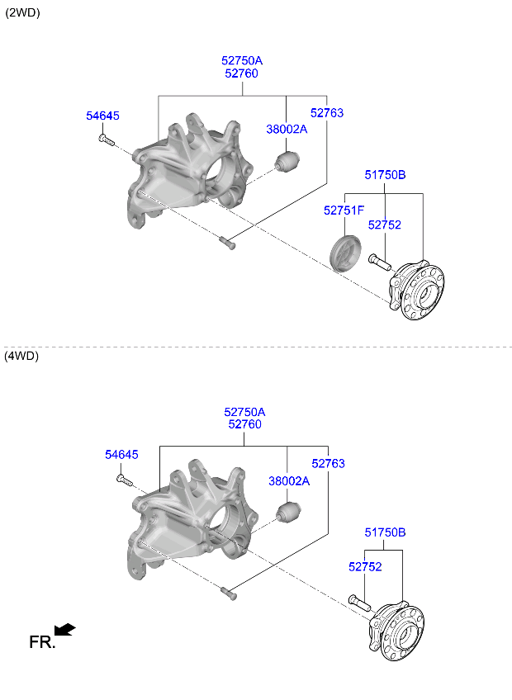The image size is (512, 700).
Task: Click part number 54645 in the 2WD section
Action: (102, 116)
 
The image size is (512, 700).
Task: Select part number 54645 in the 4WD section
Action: (121, 455)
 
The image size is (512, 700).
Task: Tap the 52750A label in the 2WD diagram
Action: (241, 60)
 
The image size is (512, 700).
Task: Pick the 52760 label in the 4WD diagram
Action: (244, 424)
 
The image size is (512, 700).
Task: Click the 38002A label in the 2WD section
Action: (286, 129)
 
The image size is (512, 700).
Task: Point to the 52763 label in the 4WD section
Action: (328, 464)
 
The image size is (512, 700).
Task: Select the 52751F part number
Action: (344, 210)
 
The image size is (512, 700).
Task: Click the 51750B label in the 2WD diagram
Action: (385, 174)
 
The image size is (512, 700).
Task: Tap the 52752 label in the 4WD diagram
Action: (365, 567)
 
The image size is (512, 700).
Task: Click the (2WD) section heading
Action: (22, 13)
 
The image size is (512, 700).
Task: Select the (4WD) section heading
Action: (22, 356)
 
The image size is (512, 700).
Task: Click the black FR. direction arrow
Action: (65, 631)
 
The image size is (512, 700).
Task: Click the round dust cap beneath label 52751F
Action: (344, 252)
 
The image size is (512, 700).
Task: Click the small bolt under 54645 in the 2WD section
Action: (105, 141)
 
